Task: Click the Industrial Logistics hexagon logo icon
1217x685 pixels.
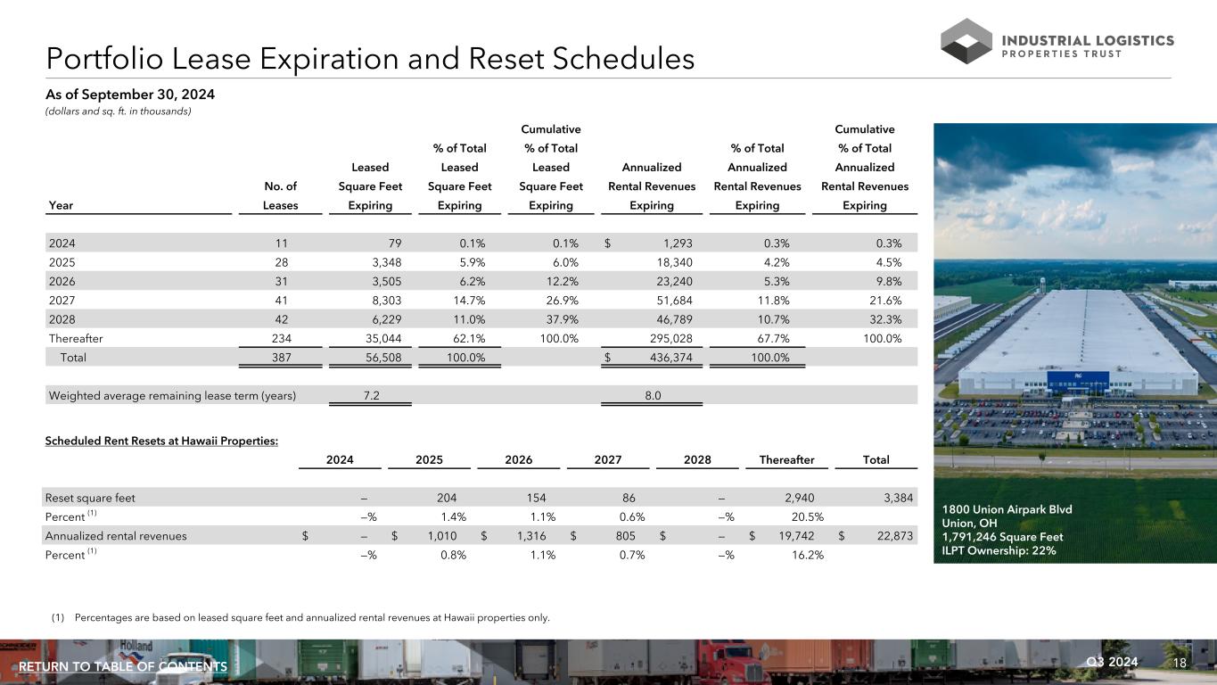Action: (x=966, y=41)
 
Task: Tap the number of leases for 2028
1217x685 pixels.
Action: (x=282, y=319)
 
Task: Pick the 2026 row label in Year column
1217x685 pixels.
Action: (x=62, y=281)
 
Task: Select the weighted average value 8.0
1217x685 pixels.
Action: (x=653, y=396)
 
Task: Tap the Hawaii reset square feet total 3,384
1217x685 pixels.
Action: (x=898, y=498)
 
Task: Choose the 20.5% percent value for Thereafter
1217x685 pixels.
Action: (x=807, y=516)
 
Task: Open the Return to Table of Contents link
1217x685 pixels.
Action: (x=123, y=667)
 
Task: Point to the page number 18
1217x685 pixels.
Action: (x=1180, y=662)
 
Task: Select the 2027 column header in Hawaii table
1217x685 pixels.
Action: (x=608, y=460)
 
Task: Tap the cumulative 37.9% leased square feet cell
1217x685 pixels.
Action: (x=561, y=319)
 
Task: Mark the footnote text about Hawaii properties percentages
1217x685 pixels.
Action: (x=312, y=617)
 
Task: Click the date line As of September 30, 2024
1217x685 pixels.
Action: (x=130, y=94)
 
